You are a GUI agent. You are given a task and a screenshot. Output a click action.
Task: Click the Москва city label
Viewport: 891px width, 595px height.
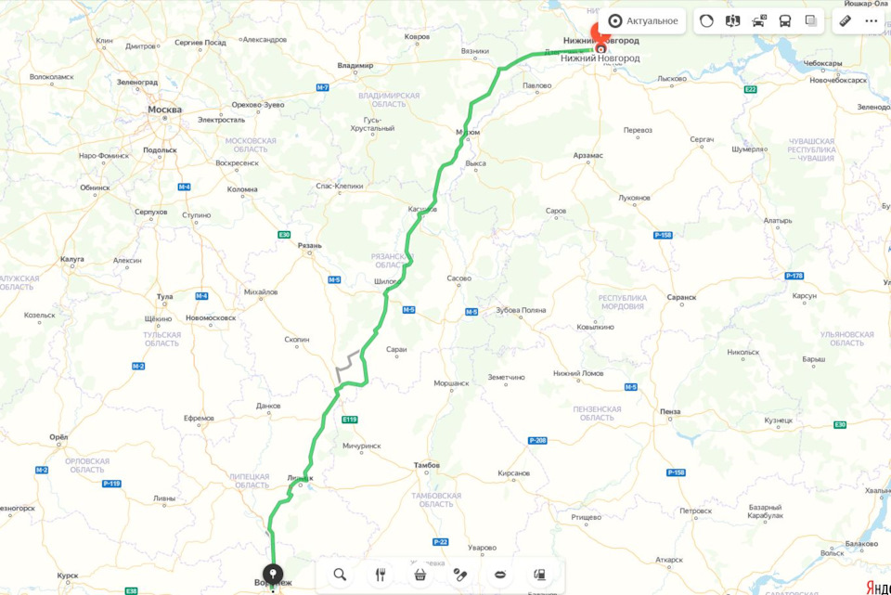coord(165,110)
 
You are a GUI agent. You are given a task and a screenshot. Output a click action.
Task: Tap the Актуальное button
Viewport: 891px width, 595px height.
coord(643,20)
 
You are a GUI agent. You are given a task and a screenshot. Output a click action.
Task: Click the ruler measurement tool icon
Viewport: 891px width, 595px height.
coord(845,20)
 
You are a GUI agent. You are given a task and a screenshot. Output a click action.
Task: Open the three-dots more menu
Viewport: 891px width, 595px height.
coord(871,20)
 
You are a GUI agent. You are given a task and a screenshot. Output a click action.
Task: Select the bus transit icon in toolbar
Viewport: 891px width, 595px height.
coord(785,20)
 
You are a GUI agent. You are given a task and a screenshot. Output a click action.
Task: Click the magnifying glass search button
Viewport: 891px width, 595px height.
coord(340,575)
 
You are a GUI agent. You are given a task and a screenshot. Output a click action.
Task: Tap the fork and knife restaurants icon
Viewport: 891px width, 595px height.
coord(380,575)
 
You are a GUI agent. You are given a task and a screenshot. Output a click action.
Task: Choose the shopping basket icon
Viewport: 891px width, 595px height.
coord(420,575)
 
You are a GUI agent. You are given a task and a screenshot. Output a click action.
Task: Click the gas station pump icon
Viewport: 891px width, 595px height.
coord(539,575)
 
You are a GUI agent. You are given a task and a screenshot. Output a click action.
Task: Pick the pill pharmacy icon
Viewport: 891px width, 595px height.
coord(459,575)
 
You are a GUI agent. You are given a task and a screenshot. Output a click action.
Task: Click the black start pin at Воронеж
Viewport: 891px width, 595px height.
coord(272,575)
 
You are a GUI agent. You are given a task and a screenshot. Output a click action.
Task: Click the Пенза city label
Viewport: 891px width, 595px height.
coord(670,411)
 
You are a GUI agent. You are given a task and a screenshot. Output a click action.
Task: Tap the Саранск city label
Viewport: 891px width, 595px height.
coord(681,297)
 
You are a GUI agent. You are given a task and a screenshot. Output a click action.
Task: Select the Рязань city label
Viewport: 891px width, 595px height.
coord(309,246)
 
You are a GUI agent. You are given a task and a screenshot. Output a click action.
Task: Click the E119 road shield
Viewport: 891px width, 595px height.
coord(349,420)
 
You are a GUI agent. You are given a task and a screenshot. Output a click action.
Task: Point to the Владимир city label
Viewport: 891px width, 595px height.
coord(355,65)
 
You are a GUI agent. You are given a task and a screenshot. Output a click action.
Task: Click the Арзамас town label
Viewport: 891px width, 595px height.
coord(588,155)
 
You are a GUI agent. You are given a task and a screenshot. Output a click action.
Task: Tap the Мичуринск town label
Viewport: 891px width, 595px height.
coord(361,446)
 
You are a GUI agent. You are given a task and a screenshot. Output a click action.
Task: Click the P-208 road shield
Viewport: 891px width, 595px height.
coord(536,440)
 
